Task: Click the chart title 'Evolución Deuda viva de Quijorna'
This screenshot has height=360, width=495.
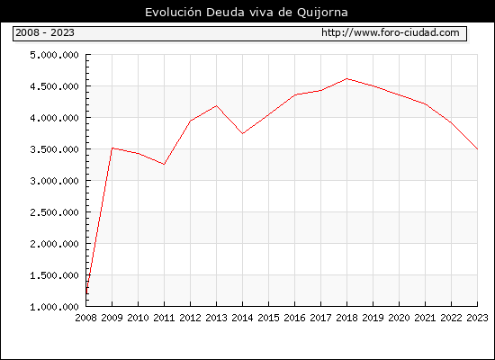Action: [247, 13]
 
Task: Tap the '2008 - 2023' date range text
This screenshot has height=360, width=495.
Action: [45, 32]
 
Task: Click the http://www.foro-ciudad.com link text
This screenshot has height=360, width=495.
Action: [391, 32]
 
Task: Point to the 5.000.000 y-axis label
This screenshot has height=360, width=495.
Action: [54, 55]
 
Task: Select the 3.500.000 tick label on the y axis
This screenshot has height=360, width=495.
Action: [54, 149]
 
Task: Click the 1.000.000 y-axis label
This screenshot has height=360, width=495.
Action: [54, 307]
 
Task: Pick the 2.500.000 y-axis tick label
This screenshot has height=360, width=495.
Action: [54, 212]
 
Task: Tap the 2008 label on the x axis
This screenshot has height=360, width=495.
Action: [85, 318]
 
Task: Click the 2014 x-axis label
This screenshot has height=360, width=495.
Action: [242, 318]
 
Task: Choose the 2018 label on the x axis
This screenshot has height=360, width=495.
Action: [346, 318]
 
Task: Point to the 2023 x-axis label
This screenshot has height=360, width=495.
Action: [477, 318]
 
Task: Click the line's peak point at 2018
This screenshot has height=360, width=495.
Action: [346, 78]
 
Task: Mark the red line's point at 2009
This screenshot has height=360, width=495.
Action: [112, 148]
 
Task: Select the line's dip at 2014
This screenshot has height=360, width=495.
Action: [242, 134]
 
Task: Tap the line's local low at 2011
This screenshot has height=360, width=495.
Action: [164, 164]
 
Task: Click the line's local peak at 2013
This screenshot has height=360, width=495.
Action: [216, 105]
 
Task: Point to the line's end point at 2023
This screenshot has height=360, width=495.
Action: [477, 148]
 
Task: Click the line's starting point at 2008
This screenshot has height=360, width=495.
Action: [86, 293]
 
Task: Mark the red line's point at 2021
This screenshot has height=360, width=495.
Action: [426, 104]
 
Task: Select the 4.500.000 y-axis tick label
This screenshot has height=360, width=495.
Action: [54, 86]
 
